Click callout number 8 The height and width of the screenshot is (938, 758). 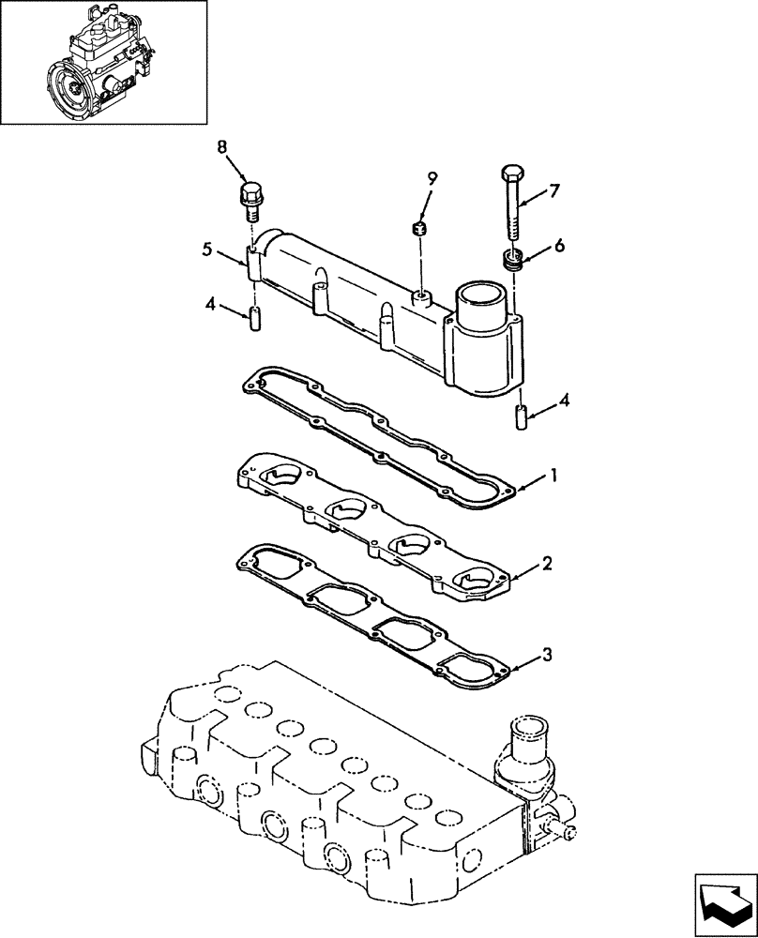(222, 146)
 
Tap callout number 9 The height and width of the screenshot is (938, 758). (432, 176)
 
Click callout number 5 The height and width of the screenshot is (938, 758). (206, 250)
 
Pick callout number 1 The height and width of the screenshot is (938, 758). (553, 477)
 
